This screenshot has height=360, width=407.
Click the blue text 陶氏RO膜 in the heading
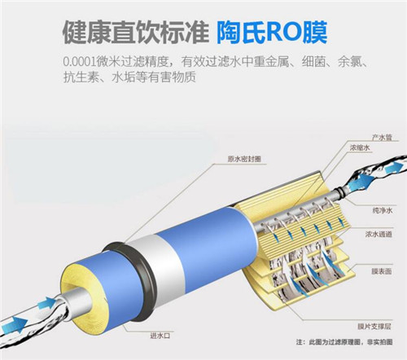[271, 33]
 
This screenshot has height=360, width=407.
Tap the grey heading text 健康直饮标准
[136, 33]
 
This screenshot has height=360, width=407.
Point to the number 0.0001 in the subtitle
[80, 62]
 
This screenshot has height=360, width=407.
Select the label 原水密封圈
[244, 159]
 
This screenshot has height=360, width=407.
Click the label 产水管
[382, 137]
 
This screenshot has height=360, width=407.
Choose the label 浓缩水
[360, 147]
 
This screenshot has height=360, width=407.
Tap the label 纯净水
[383, 210]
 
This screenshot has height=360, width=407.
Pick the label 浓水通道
[379, 234]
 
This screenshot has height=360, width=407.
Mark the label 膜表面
[382, 271]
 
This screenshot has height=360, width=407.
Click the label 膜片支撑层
[374, 326]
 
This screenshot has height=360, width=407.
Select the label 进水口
[160, 336]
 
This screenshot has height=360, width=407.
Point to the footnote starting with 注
[344, 342]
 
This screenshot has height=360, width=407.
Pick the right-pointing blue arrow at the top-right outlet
[394, 167]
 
